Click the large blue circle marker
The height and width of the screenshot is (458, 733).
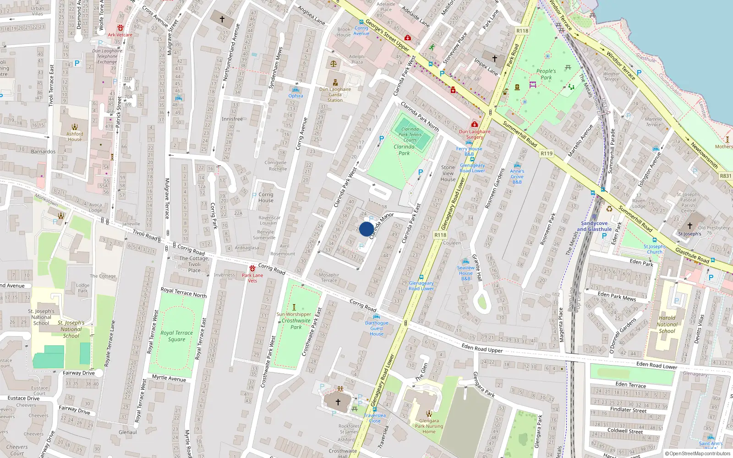366,229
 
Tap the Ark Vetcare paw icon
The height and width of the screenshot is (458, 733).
120,28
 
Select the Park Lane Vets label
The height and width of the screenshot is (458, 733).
252,278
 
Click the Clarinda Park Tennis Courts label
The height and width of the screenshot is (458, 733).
410,135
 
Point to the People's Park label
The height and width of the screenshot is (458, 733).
546,74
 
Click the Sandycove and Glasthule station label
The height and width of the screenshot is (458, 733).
594,226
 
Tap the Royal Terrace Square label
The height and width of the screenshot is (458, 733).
176,336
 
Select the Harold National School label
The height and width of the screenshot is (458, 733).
667,324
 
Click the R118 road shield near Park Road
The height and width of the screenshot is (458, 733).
522,31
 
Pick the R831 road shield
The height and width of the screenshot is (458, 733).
726,176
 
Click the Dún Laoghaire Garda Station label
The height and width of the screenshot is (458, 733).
335,95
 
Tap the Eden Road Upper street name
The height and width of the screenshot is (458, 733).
482,349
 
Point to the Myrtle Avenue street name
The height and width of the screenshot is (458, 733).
169,378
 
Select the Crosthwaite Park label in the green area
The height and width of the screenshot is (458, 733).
296,324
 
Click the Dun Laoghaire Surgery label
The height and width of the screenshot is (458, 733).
475,134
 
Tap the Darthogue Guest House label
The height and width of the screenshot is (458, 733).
377,328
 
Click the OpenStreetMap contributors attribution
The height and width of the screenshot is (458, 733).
698,453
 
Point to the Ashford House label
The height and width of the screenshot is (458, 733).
75,136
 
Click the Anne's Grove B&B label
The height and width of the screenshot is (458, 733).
517,176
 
